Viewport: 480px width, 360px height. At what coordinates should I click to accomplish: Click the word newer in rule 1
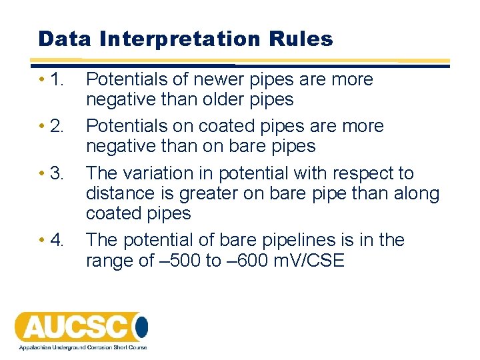coord(220,79)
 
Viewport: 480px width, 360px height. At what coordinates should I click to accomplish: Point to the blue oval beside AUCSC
coord(141,327)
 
